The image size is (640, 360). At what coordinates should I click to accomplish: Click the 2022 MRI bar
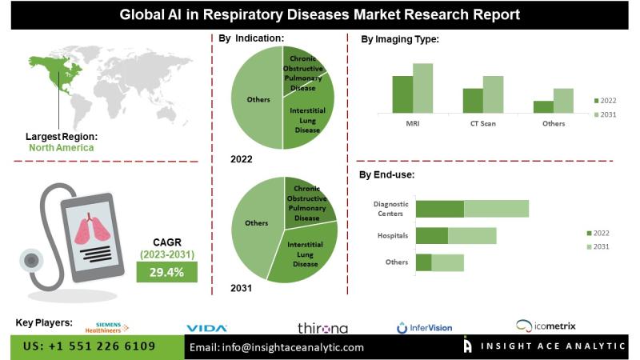[x=402, y=94]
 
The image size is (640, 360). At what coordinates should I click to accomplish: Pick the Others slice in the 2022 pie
[x=257, y=99]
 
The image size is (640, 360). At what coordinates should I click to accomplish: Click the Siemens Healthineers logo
[x=103, y=326]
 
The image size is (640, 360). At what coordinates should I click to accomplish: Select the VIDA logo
[x=207, y=327]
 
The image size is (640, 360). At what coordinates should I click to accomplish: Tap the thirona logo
[x=322, y=328]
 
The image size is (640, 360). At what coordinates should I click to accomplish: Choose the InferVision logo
[x=424, y=327]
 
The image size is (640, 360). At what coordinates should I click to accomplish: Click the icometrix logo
[x=546, y=326]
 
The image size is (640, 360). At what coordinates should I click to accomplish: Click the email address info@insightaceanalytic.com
[x=276, y=347]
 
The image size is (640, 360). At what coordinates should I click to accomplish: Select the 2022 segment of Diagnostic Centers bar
[x=440, y=209]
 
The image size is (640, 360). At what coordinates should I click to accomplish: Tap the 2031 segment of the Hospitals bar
[x=472, y=235]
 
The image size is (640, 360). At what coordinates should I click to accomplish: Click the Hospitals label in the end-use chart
[x=393, y=236]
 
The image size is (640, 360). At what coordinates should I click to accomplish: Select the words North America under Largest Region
[x=61, y=148]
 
